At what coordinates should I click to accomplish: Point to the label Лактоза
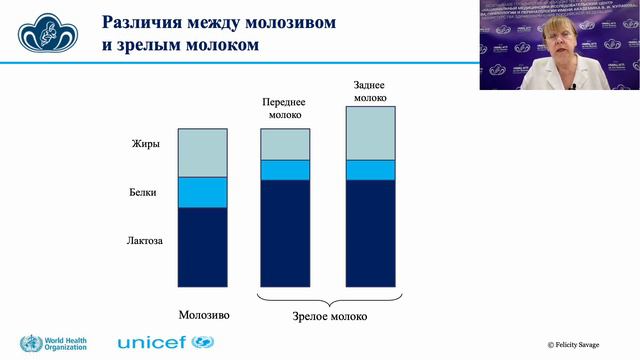(x=145, y=241)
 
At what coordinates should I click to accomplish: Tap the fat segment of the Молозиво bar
(x=202, y=152)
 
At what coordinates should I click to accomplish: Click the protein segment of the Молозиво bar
(x=202, y=192)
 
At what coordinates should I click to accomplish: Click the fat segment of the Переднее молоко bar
(x=285, y=144)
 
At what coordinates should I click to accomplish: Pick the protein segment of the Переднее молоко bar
(x=285, y=169)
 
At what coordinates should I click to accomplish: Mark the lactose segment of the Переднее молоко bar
(x=285, y=233)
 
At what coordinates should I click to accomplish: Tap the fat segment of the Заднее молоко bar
(x=370, y=132)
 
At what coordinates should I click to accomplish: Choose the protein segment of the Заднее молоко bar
(x=370, y=169)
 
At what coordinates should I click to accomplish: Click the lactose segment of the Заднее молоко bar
(x=370, y=233)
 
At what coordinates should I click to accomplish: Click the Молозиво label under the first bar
(x=203, y=314)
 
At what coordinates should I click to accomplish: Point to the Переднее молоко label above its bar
(x=284, y=108)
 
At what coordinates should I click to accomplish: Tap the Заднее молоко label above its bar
(x=370, y=91)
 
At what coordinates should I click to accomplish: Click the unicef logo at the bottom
(x=166, y=342)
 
